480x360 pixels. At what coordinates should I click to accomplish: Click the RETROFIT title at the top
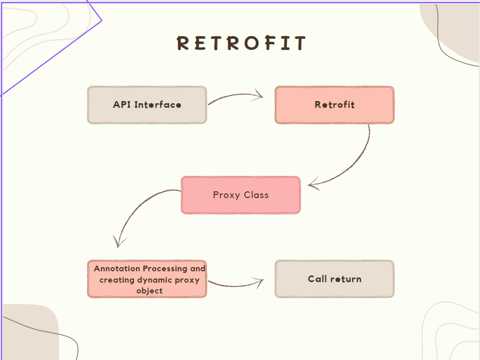241,43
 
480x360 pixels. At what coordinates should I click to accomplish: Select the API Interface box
147,105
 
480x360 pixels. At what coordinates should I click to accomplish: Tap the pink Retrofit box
335,105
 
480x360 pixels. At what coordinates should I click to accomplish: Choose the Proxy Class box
241,195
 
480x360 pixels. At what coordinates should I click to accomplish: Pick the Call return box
335,279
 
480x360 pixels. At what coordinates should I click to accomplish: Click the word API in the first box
122,105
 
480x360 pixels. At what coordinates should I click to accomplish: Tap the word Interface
158,105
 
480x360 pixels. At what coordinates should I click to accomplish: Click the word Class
256,195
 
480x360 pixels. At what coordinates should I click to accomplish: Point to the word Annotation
117,269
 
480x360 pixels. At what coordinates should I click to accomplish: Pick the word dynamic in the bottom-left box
156,280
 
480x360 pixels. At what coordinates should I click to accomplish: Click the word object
150,291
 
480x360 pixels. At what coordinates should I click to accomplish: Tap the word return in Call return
346,279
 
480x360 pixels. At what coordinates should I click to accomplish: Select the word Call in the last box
318,279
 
